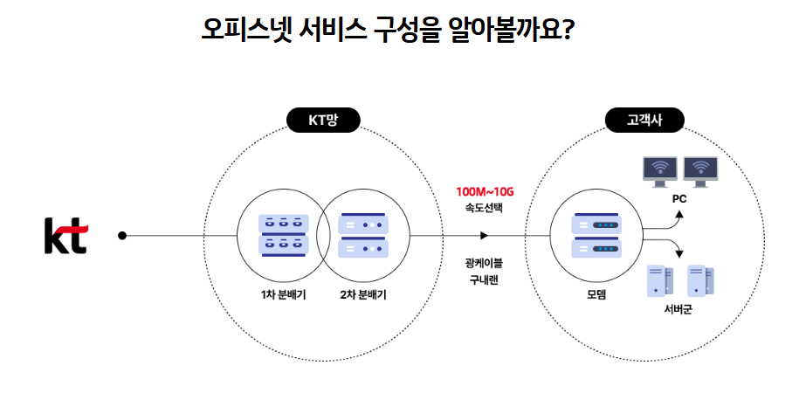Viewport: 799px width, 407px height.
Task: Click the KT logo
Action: [65, 235]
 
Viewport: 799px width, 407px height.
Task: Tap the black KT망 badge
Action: [323, 121]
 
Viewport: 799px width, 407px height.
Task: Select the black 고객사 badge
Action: [644, 121]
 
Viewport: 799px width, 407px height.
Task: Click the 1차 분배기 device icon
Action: [285, 235]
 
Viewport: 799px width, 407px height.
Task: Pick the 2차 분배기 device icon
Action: [362, 235]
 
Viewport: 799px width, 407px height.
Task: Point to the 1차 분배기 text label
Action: [285, 294]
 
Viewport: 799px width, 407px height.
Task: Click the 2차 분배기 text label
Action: [363, 294]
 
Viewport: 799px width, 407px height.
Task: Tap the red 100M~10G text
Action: [485, 191]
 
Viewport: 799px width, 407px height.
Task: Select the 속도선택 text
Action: [485, 209]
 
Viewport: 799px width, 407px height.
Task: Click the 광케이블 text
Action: [485, 262]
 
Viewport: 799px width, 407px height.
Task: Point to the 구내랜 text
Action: [485, 279]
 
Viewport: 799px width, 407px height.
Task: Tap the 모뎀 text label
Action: [596, 294]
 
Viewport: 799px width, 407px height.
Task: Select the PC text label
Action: [679, 198]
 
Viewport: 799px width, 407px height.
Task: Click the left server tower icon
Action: [658, 280]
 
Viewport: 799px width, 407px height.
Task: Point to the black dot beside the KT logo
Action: [122, 235]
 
